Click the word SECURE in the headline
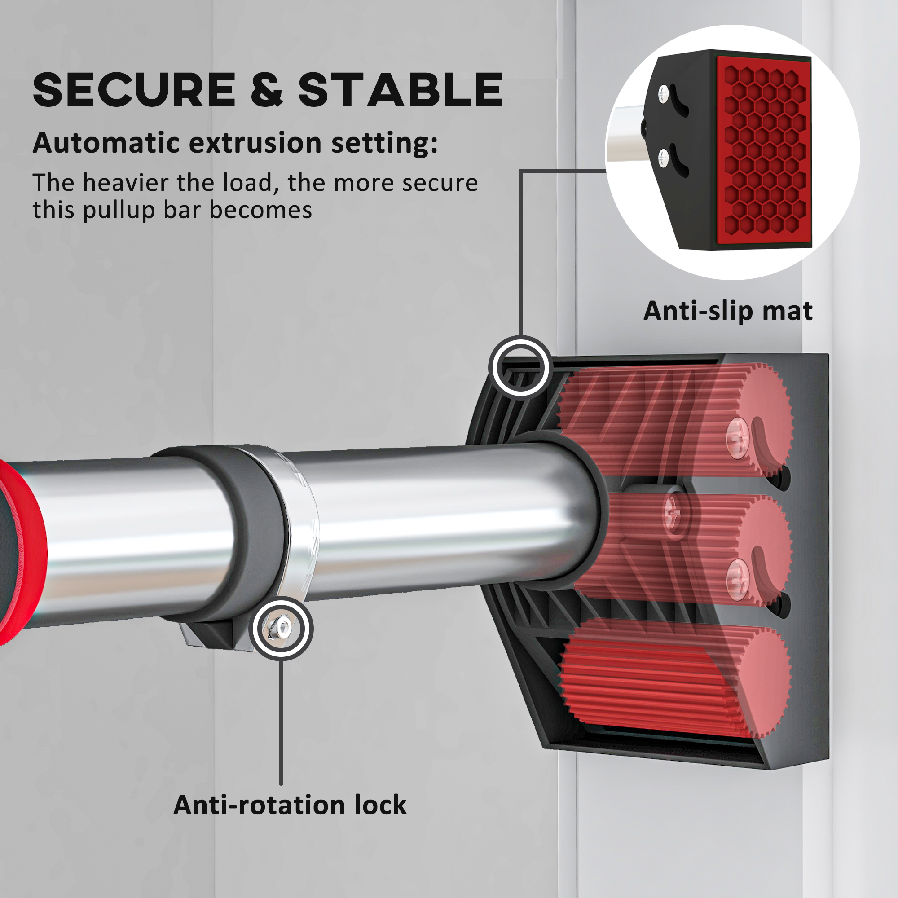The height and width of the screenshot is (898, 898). pyautogui.click(x=134, y=90)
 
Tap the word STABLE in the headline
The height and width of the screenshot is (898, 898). pyautogui.click(x=400, y=90)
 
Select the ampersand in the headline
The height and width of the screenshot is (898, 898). pyautogui.click(x=267, y=90)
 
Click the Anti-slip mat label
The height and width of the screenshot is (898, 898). pyautogui.click(x=728, y=311)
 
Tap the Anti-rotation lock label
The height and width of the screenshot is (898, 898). pyautogui.click(x=290, y=805)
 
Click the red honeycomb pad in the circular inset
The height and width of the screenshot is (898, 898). pyautogui.click(x=764, y=151)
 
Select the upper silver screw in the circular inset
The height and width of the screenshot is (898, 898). pyautogui.click(x=663, y=93)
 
